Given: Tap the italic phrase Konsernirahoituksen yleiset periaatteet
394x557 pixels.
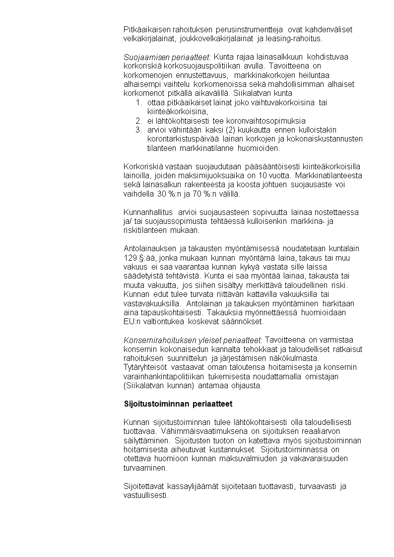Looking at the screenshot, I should pos(193,340).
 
